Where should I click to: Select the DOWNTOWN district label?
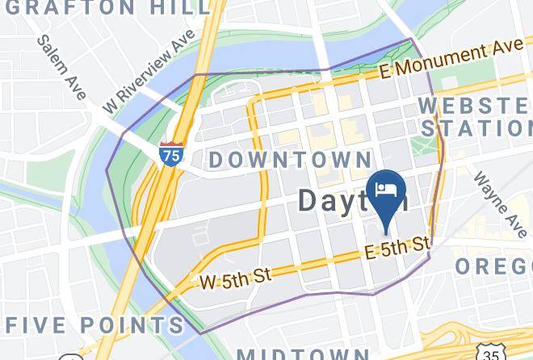tap(290, 159)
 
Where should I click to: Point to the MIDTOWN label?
tap(303, 354)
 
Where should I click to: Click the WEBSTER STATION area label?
tap(475, 116)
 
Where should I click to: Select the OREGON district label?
tap(494, 266)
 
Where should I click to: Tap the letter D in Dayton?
tap(309, 199)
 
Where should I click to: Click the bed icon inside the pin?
tap(386, 189)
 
